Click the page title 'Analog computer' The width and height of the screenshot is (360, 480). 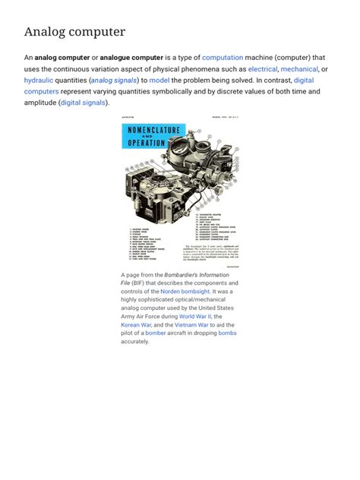pos(74,32)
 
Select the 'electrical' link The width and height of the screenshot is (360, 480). pos(263,68)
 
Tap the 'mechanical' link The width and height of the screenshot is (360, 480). pos(300,68)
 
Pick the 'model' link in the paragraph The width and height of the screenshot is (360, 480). pos(159,80)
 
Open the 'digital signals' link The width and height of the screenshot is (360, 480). pos(84,103)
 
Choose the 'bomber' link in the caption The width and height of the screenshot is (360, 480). pos(156,333)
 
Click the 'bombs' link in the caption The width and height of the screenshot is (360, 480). pos(227,333)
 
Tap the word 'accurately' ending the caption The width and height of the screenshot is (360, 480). pos(135,341)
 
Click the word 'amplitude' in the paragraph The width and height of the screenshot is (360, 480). pos(42,103)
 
